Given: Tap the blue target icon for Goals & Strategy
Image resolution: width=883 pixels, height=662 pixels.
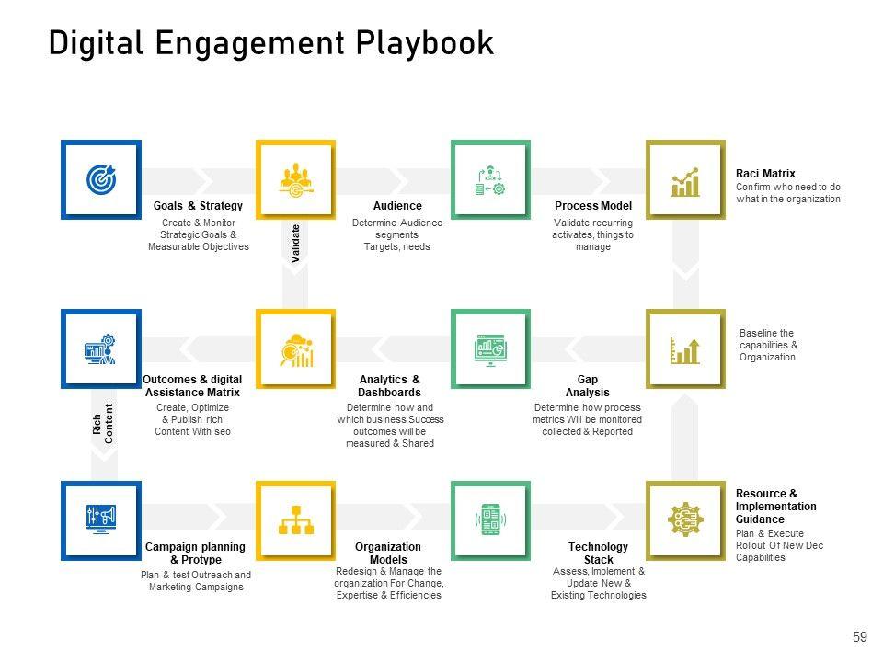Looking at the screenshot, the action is pos(101,179).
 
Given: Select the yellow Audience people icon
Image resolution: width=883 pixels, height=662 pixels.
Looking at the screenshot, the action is pos(295,179).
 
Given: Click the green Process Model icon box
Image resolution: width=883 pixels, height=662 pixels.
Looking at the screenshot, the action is pos(490,179).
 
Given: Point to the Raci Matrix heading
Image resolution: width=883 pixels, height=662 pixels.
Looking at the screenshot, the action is pos(765,173).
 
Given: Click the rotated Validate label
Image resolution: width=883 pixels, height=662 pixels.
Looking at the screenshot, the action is pos(296,244).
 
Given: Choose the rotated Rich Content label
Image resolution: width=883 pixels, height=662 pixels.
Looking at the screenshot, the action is pos(102,424).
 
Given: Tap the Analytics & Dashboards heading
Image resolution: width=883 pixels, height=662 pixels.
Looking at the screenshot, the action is pos(389,385).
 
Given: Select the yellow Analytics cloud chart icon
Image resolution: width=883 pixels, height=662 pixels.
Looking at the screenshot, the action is pos(295,349).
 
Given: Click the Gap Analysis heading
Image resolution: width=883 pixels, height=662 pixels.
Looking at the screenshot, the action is pos(588,385).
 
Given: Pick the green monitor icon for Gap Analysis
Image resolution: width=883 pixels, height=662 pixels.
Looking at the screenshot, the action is pos(490,349).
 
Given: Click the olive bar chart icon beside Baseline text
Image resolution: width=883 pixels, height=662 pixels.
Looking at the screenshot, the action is pos(685,349).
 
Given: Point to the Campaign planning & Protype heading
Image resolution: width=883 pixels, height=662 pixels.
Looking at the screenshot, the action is pos(196,553).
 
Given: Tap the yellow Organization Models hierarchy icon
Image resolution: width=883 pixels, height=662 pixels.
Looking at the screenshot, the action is pos(295,519).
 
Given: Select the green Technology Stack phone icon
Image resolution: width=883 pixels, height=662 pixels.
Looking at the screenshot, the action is pos(490,519).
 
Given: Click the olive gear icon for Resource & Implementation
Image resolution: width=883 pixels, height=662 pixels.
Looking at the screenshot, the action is pos(685,519).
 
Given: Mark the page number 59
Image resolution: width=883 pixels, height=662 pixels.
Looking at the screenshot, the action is pos(860,636).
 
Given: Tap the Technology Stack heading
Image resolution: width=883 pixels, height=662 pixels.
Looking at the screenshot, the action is pos(598,553).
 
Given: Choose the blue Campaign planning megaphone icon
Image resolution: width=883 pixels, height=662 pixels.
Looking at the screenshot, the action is pos(101,519).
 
